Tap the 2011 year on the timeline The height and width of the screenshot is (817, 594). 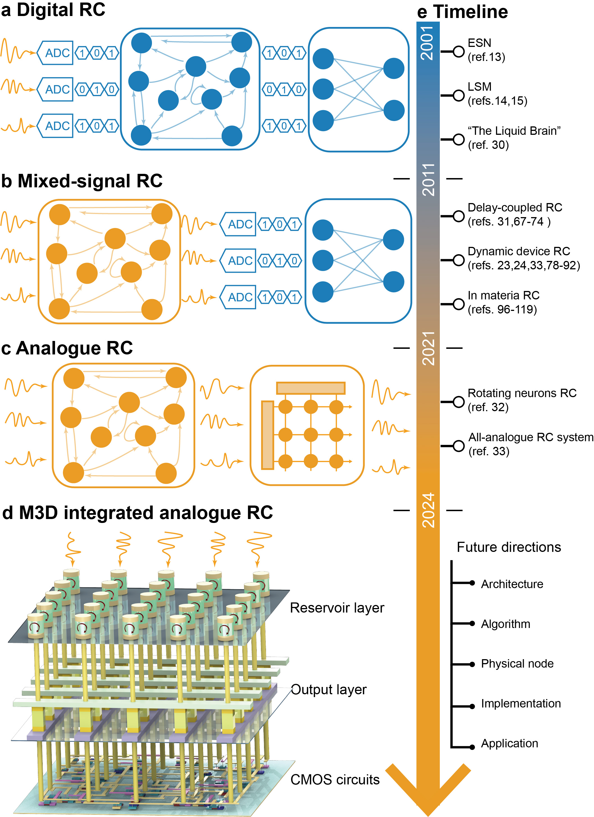pos(428,179)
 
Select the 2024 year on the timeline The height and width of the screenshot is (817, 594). pos(428,510)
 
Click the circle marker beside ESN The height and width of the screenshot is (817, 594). pos(458,51)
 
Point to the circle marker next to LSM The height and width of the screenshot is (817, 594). pos(458,95)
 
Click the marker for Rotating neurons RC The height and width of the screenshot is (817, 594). pos(458,402)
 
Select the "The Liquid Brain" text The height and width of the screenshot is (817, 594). pos(514,131)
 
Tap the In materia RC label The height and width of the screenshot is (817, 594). pos(503,295)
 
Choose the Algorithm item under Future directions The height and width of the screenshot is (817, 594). pos(505,624)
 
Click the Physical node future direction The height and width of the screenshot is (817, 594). pos(517,664)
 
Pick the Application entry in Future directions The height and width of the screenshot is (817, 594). pos(509,743)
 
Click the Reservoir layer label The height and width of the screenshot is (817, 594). pos(337,608)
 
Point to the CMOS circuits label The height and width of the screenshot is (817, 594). pos(335,780)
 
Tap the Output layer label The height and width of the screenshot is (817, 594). pos(329,689)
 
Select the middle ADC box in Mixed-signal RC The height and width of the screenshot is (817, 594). pos(239,260)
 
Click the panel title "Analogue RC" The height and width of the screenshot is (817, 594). pos(67,348)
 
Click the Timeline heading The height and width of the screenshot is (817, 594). pos(470,12)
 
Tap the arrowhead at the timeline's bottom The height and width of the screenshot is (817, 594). pos(428,793)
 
